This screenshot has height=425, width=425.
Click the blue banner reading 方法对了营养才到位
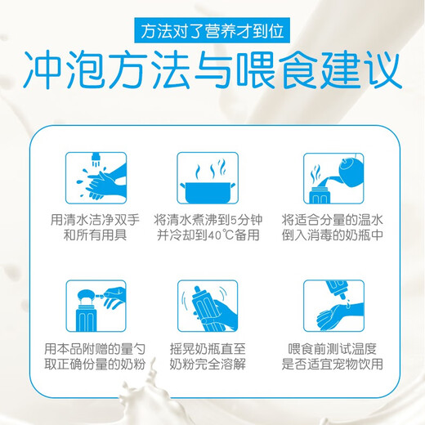click(212, 30)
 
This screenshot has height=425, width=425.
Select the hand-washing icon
click(96, 178)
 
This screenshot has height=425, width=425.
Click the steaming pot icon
click(208, 178)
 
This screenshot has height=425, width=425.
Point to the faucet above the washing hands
click(96, 159)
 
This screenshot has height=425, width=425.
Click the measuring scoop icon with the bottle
click(96, 306)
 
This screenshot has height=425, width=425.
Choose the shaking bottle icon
click(208, 306)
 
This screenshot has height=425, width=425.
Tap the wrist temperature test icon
click(333, 306)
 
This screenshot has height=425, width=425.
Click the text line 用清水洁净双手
click(95, 220)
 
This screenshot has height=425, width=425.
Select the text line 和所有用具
click(95, 235)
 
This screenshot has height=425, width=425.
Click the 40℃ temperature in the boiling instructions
click(218, 235)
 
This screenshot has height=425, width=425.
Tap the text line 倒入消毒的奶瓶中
click(333, 235)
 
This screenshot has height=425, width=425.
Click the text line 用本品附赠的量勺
click(95, 349)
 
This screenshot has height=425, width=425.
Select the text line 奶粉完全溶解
click(208, 364)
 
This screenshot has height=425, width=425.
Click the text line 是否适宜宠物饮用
click(333, 364)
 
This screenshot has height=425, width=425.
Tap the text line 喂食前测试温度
click(333, 349)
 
